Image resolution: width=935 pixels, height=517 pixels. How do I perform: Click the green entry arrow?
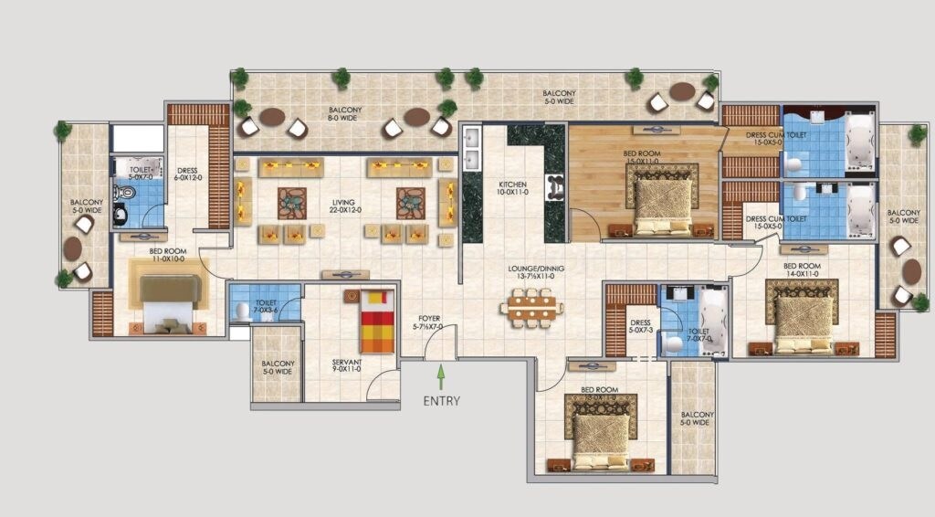pos(441,376)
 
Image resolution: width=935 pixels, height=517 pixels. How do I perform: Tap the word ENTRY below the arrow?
pos(441,400)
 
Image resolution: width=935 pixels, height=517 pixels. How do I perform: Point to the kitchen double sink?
pos(472,150)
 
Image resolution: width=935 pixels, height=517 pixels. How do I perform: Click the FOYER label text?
pos(429,322)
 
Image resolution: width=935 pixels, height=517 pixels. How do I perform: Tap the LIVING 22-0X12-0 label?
pos(344,206)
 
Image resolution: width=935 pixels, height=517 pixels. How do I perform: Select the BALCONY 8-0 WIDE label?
pos(346,114)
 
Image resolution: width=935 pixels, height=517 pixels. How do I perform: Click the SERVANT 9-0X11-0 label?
pos(347,367)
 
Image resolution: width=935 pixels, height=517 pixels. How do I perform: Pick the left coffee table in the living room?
pos(293,202)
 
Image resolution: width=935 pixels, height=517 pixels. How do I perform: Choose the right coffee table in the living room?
pos(412,202)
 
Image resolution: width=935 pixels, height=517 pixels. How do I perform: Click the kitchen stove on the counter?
pos(554,187)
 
